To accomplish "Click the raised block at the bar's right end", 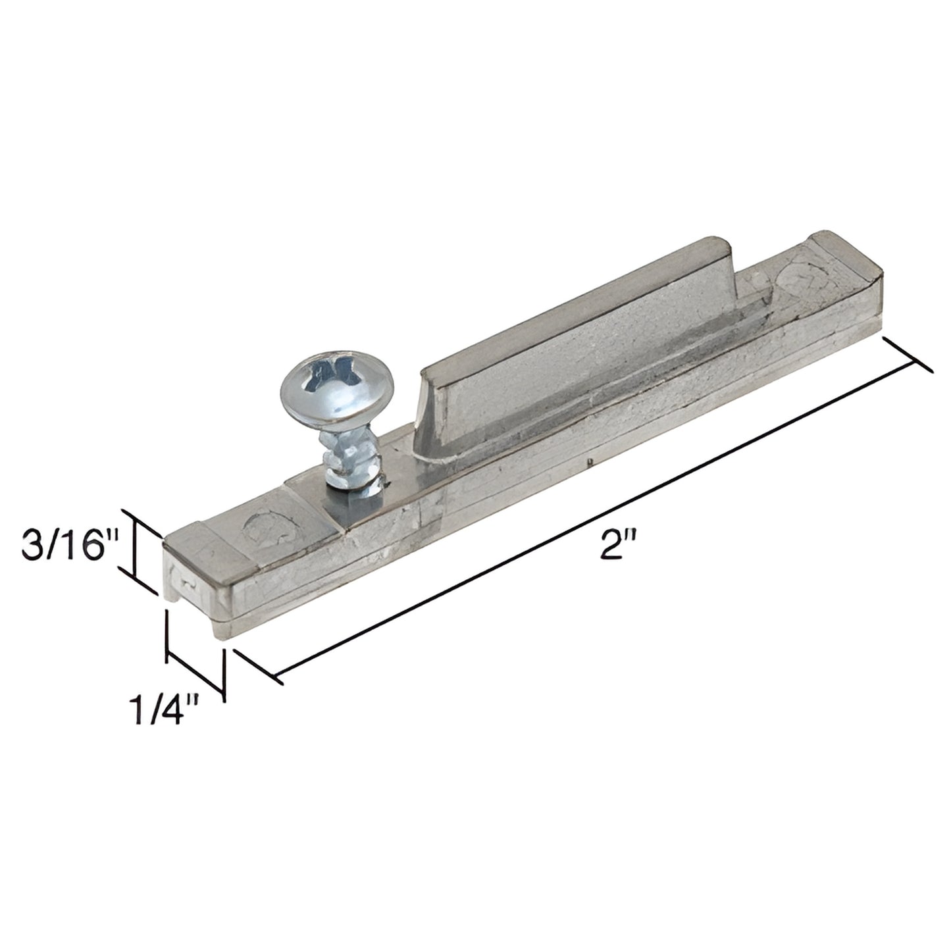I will coord(842,263).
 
